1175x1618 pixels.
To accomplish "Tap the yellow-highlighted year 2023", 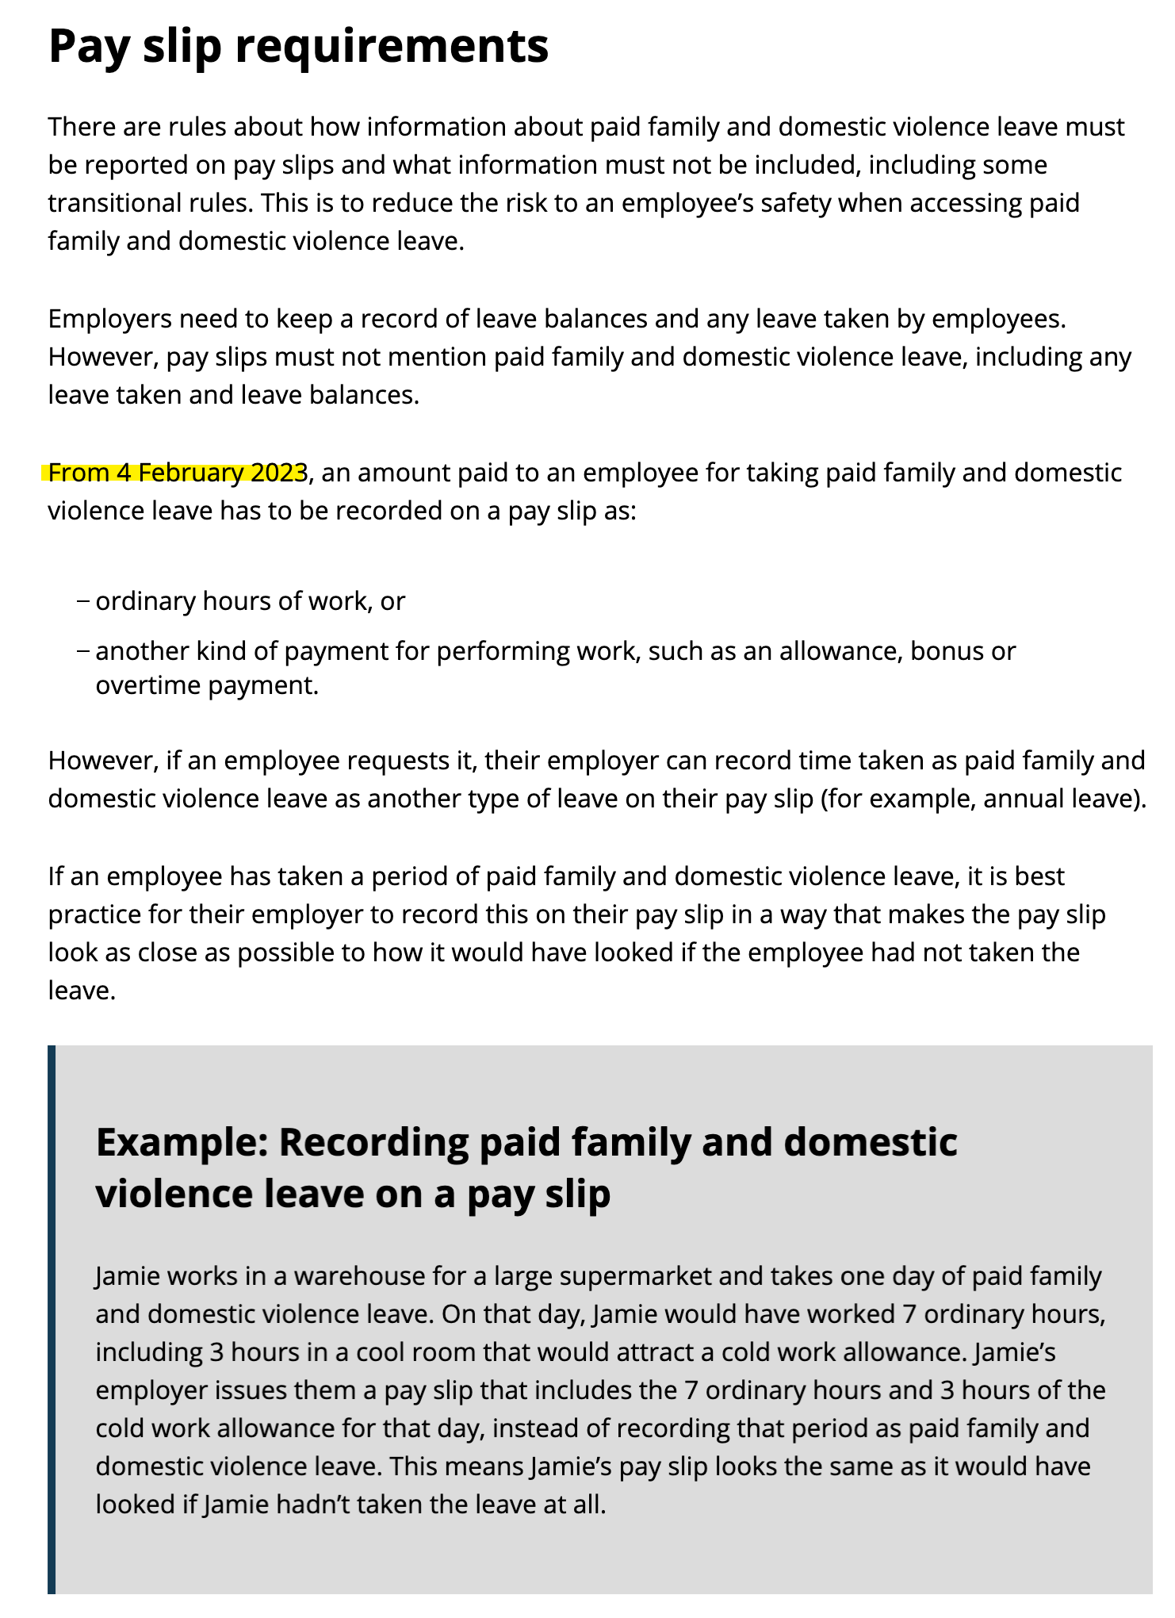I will click(278, 473).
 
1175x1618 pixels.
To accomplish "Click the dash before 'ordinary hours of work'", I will click(83, 601).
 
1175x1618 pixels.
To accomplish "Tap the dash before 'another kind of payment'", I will click(83, 651).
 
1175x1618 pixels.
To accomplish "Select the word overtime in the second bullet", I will click(148, 685).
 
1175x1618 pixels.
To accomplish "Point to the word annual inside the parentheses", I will click(1024, 799).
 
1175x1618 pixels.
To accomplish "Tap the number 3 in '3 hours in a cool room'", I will click(216, 1352).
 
